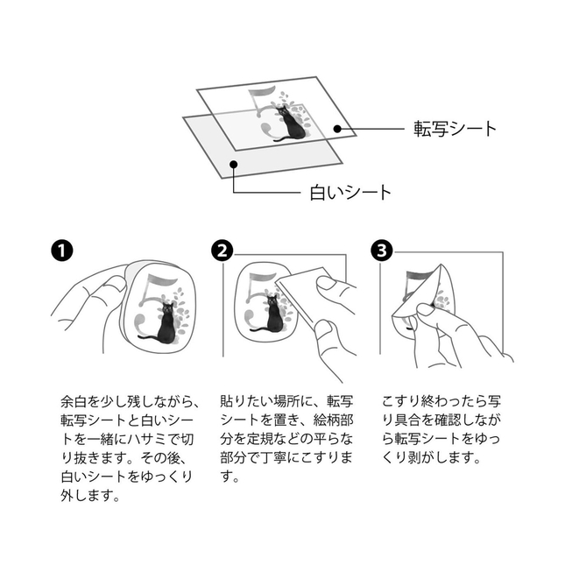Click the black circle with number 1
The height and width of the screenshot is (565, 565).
click(x=62, y=251)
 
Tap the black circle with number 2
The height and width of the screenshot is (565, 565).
click(x=222, y=251)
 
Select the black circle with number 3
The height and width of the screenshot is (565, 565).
click(x=382, y=251)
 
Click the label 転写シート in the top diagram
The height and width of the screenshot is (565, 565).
click(x=456, y=129)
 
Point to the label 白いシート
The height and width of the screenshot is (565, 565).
click(x=350, y=193)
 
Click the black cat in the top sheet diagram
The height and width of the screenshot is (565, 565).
click(x=291, y=124)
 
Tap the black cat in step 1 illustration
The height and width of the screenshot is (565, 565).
click(x=163, y=323)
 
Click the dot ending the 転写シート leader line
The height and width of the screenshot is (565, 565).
click(x=337, y=129)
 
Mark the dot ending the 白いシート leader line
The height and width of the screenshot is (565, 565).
click(x=234, y=165)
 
